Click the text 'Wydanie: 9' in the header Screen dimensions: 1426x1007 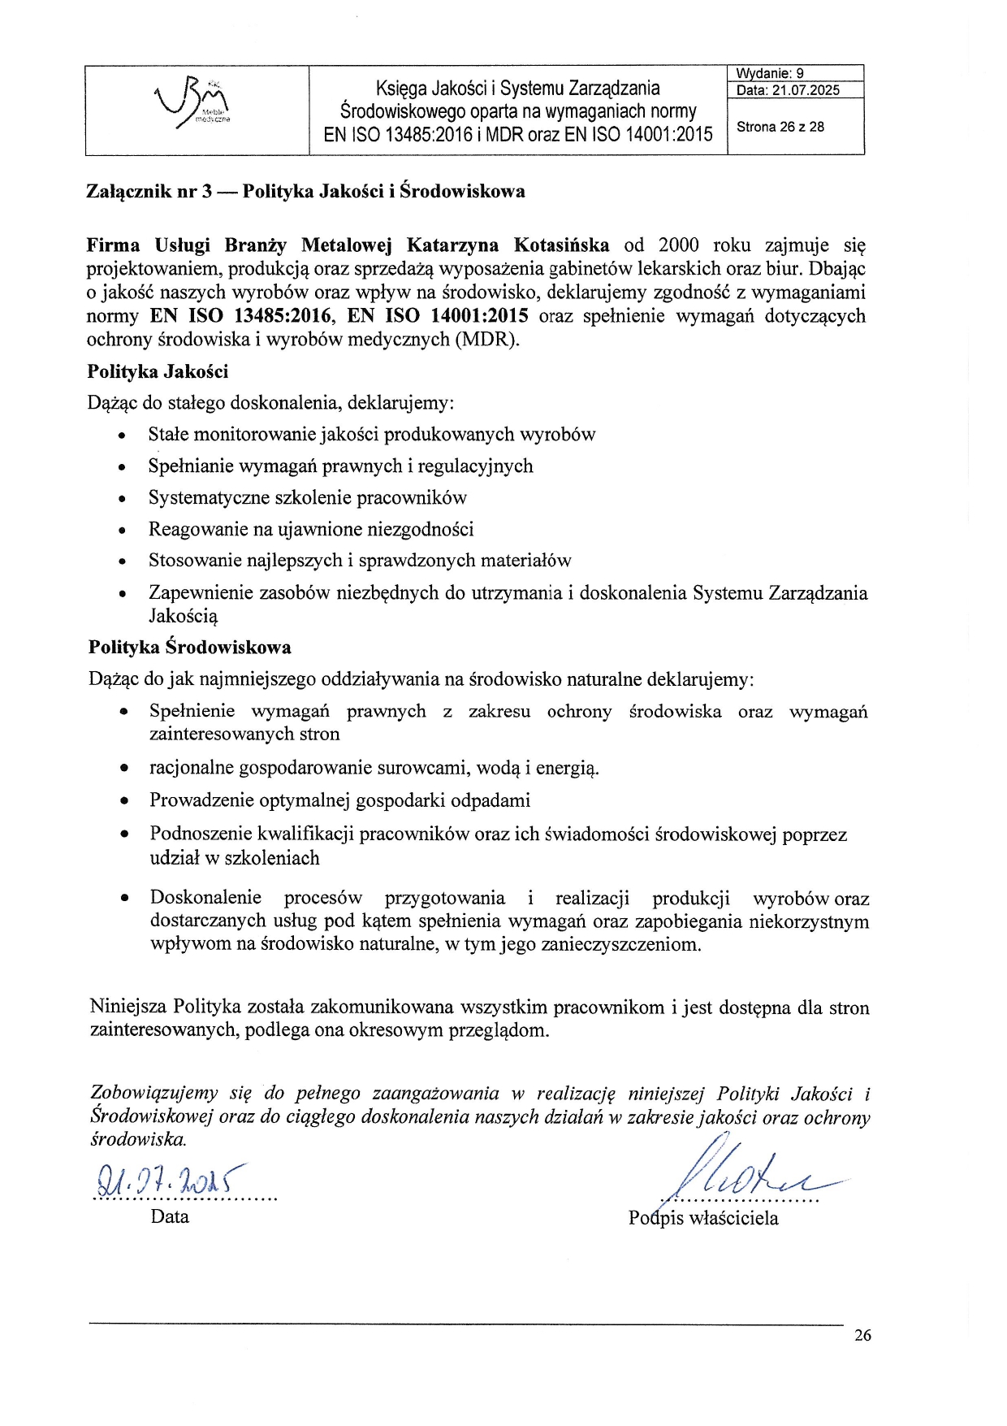pos(770,73)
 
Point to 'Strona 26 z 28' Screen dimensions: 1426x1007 pos(780,127)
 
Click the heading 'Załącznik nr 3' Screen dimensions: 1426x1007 pos(149,192)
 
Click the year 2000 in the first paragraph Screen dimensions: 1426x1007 pos(678,245)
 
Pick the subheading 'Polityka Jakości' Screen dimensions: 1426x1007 pos(158,372)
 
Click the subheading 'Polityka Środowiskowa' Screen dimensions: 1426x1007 pos(189,648)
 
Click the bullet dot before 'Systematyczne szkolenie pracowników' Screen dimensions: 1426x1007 pos(122,500)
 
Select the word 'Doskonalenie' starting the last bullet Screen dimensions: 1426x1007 pos(205,898)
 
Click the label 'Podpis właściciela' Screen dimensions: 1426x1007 pos(703,1218)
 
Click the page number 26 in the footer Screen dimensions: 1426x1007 pos(862,1335)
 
